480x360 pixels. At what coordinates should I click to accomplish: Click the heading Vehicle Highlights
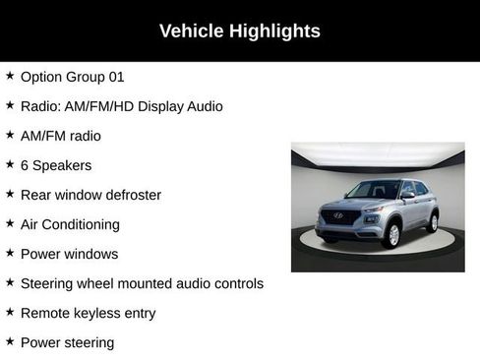pyautogui.click(x=240, y=31)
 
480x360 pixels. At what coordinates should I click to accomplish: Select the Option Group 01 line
pyautogui.click(x=73, y=76)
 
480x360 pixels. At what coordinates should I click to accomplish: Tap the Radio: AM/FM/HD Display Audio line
pyautogui.click(x=122, y=105)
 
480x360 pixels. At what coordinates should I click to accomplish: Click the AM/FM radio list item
pyautogui.click(x=61, y=136)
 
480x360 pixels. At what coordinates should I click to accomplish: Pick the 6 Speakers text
pyautogui.click(x=56, y=165)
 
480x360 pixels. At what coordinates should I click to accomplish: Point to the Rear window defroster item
pyautogui.click(x=90, y=195)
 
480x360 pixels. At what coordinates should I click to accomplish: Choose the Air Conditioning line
pyautogui.click(x=70, y=224)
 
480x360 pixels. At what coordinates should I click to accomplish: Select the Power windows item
pyautogui.click(x=69, y=254)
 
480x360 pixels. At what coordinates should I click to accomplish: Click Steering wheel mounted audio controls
pyautogui.click(x=142, y=283)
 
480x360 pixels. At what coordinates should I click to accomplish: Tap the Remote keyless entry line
pyautogui.click(x=88, y=313)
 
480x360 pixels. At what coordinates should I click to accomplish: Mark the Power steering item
pyautogui.click(x=67, y=342)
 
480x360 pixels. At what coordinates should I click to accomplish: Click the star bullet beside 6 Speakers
pyautogui.click(x=10, y=164)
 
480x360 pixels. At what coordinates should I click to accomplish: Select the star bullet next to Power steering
pyautogui.click(x=10, y=341)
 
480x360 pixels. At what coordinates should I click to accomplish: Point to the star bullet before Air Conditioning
pyautogui.click(x=10, y=223)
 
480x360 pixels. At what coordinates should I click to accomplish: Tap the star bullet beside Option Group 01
pyautogui.click(x=10, y=75)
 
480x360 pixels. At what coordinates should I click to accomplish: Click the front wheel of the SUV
pyautogui.click(x=392, y=234)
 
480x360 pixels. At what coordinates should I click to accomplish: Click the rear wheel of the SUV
pyautogui.click(x=433, y=221)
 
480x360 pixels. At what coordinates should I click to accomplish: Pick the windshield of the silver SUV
pyautogui.click(x=373, y=191)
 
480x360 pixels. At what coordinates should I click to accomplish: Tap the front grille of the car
pyautogui.click(x=338, y=217)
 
